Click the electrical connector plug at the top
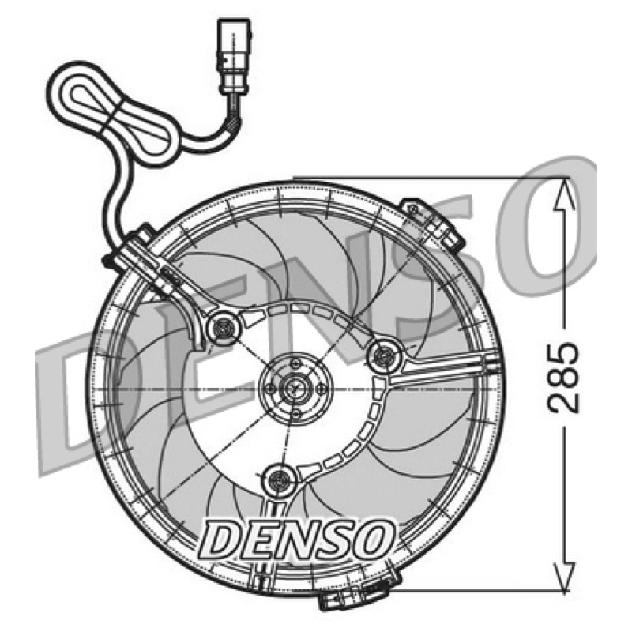(235, 56)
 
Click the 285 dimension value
(564, 378)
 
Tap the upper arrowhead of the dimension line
(564, 194)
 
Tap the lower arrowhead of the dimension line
(564, 576)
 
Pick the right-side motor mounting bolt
(385, 355)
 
